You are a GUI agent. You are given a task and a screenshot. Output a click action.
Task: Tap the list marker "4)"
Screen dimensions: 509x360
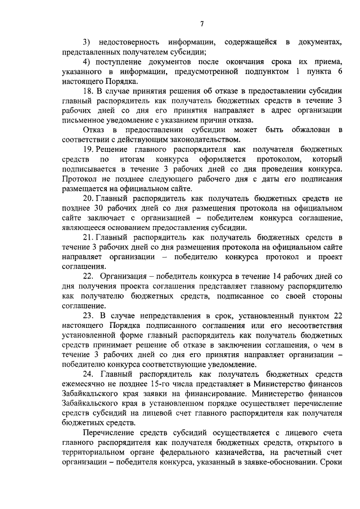pos(87,62)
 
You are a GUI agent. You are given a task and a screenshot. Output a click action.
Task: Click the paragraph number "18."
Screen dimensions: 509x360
pos(89,91)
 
